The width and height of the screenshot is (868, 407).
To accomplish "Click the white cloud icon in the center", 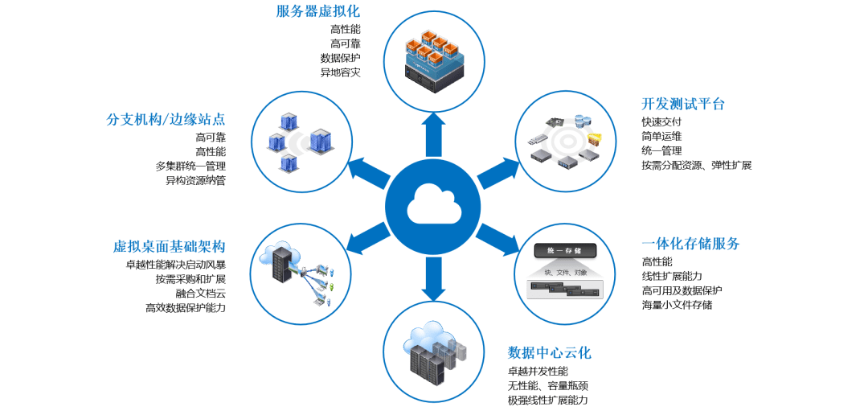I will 434,205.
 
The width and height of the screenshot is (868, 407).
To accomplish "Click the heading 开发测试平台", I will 682,105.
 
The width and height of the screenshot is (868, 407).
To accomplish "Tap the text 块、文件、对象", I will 565,272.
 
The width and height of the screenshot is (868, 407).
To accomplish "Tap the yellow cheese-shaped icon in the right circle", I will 595,138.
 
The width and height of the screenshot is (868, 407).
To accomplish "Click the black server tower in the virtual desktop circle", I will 282,262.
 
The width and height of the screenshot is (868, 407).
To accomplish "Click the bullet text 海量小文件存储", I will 676,305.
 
